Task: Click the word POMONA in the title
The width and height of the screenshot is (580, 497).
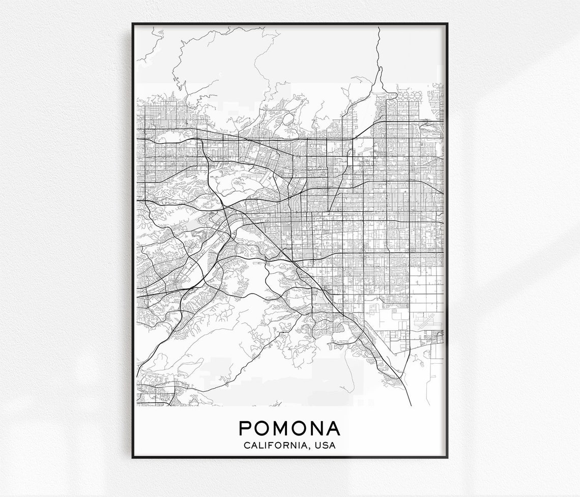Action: click(x=289, y=428)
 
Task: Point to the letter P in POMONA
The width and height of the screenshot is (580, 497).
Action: click(x=246, y=428)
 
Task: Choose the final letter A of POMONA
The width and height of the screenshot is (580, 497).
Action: click(x=333, y=428)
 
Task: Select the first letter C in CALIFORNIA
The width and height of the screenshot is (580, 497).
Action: click(x=247, y=446)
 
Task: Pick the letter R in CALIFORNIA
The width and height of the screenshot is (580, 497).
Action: click(x=288, y=446)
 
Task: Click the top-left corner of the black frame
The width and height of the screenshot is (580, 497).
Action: click(x=132, y=24)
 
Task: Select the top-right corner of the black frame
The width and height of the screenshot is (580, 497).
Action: click(x=447, y=24)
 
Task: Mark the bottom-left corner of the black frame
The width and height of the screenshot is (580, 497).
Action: click(x=132, y=457)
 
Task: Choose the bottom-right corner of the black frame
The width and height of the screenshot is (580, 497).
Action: click(x=447, y=457)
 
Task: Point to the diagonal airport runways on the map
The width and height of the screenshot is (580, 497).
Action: click(x=422, y=321)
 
